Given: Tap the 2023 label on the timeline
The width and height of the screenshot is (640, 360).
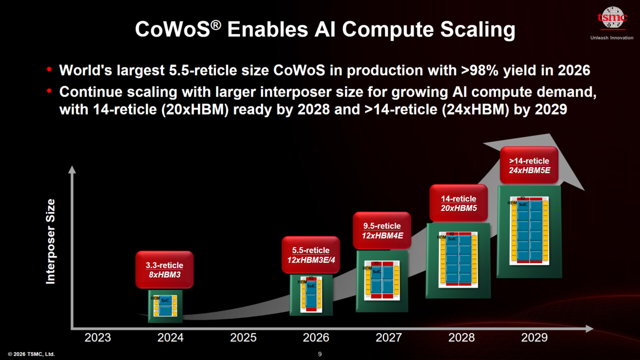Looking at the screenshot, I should pos(97,337).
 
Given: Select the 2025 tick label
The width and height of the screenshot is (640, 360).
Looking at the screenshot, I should pos(243,337).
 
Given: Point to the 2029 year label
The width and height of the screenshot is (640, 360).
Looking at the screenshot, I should pos(534,337).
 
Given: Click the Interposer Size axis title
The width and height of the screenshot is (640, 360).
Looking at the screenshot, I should pos(50,241).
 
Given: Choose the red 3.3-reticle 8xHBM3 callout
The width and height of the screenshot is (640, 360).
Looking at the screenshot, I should pos(164,269).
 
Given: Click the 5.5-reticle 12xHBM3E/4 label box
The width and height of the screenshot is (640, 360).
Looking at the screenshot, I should pos(310,254).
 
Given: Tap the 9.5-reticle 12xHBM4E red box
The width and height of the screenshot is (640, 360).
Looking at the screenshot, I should pos(382,230).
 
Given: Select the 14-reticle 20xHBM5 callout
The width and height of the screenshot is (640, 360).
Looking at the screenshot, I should pos(458,203).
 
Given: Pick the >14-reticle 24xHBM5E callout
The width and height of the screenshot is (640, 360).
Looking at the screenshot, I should pos(529,165).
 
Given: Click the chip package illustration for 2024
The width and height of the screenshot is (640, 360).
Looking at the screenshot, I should pos(165,306).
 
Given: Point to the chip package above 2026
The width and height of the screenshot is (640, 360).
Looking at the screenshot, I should pos(311,294).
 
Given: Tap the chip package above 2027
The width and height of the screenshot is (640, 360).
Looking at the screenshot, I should pos(382,280).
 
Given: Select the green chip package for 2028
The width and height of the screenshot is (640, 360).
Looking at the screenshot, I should pos(458,260).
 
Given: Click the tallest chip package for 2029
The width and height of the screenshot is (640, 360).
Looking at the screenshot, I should pos(529,231).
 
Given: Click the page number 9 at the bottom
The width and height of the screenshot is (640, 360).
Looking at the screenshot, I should pos(320,354).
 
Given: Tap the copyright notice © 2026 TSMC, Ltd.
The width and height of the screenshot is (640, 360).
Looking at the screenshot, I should pos(31,354).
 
